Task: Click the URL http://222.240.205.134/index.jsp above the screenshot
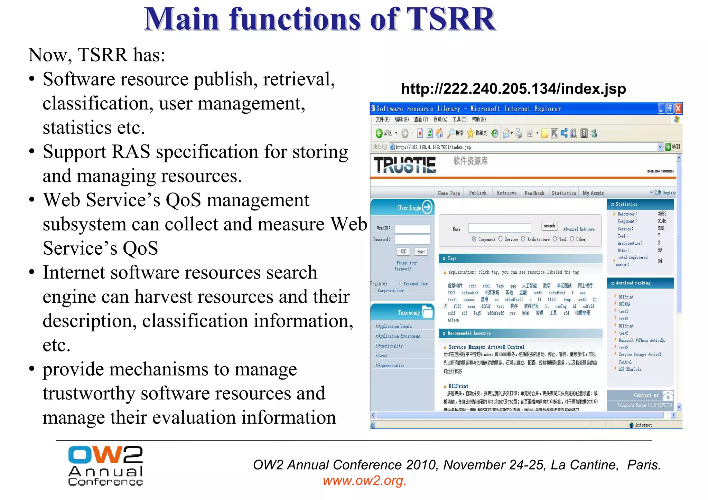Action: click(513, 89)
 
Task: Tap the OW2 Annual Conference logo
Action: click(105, 465)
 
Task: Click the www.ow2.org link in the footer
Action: click(364, 481)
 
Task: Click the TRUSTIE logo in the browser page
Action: click(405, 165)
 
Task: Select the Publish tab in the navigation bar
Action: click(477, 193)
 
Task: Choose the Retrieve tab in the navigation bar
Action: click(506, 193)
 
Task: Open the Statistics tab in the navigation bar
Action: click(563, 193)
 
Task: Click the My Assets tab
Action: click(593, 193)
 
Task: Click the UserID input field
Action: click(412, 229)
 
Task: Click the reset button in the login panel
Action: click(421, 252)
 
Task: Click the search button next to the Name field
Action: click(549, 226)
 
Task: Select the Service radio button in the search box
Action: click(501, 239)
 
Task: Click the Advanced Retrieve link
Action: click(579, 229)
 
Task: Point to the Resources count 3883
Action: click(662, 214)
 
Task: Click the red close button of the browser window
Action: click(678, 109)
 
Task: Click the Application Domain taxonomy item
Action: click(395, 326)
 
